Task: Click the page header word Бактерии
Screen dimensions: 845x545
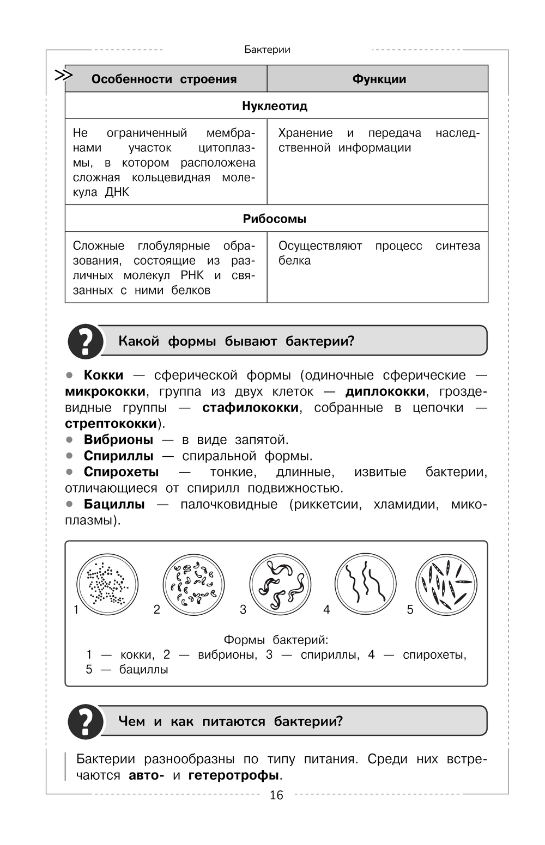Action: click(267, 50)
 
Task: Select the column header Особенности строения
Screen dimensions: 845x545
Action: click(164, 79)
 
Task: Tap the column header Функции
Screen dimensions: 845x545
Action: click(379, 79)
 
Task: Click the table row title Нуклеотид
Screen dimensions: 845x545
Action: click(275, 106)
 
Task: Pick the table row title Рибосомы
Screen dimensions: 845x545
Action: click(275, 219)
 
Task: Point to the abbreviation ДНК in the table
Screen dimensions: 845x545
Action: click(117, 192)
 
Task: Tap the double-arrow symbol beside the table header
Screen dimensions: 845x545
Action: click(64, 76)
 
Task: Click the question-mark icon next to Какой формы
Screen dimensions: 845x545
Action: click(85, 341)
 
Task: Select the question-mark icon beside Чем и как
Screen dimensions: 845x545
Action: click(85, 721)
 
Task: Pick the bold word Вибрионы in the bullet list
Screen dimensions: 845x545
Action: click(118, 439)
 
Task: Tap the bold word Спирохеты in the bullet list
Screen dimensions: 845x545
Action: click(121, 472)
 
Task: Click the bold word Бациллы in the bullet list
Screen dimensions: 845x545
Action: click(114, 504)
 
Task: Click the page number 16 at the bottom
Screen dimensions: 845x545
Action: click(276, 795)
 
